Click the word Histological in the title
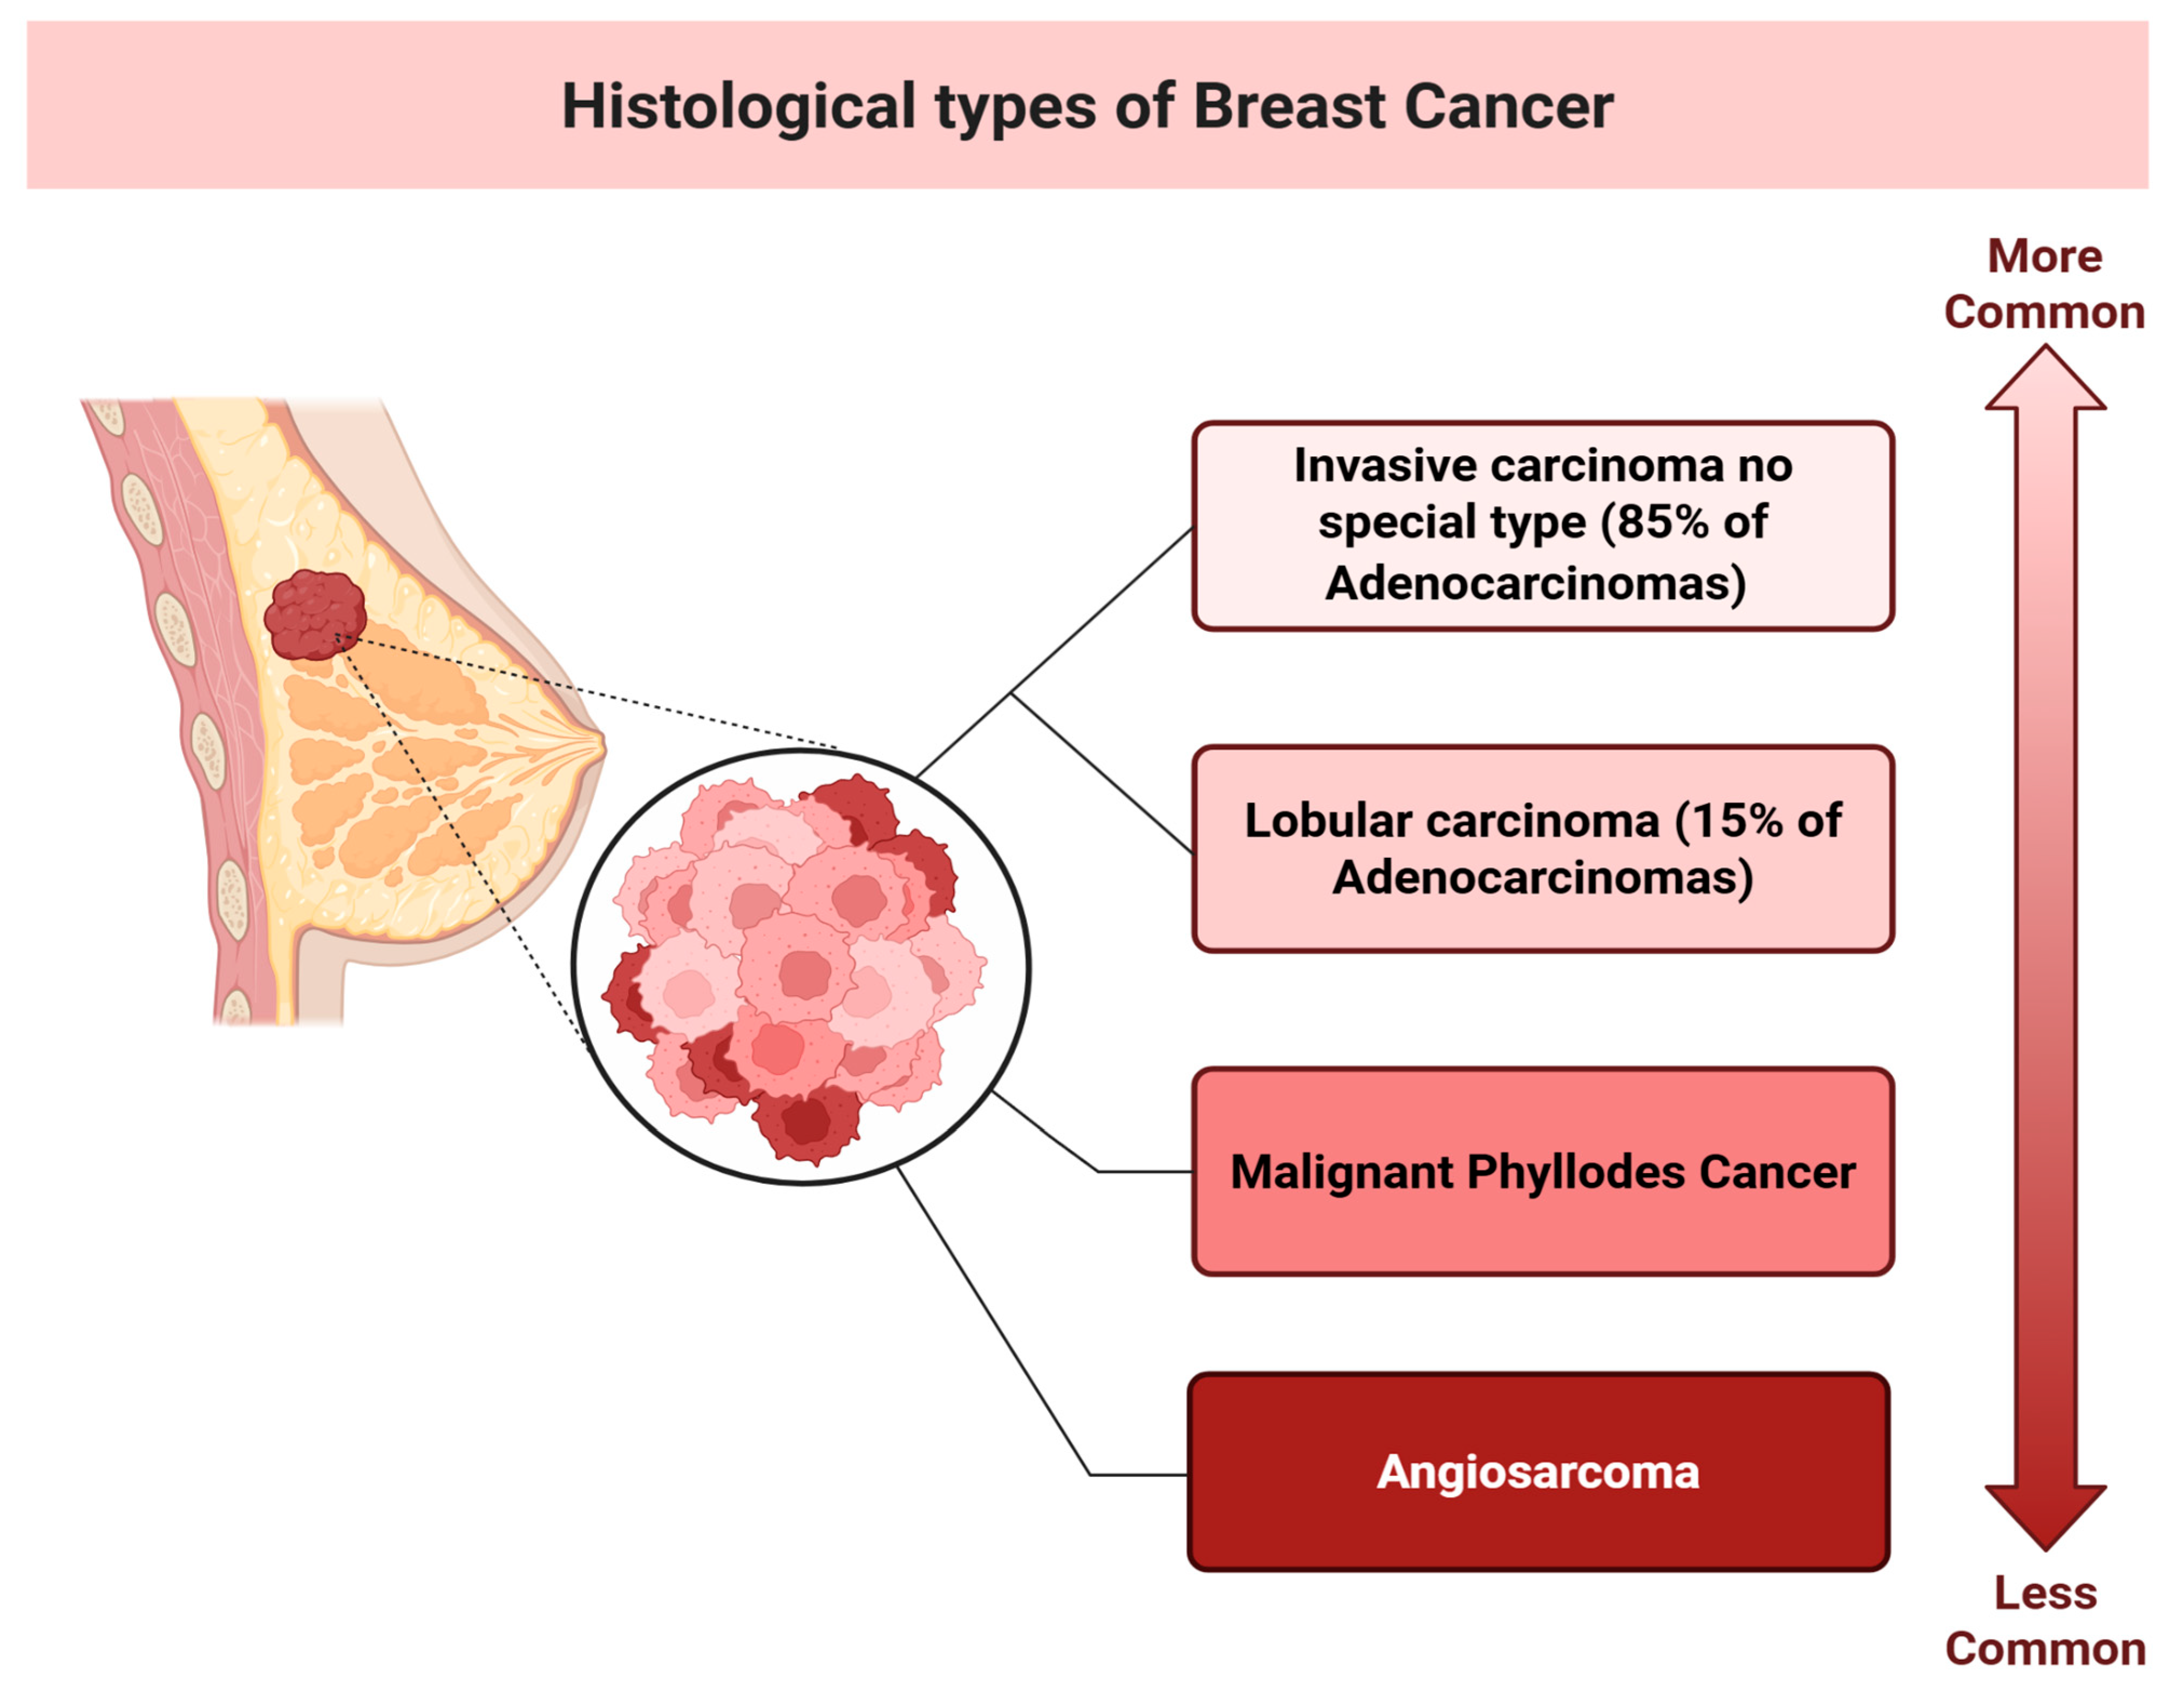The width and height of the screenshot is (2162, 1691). pos(738,107)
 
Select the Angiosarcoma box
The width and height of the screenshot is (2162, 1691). pos(1538,1472)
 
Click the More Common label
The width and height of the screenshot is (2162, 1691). pos(2044,284)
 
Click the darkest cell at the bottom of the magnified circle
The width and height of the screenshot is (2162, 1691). pos(807,1124)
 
